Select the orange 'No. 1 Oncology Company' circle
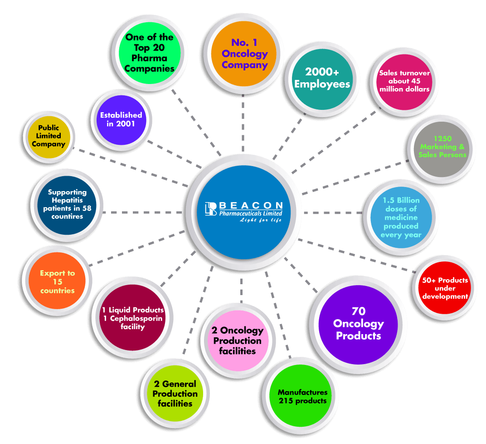[x=244, y=54]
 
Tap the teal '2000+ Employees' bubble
[x=321, y=78]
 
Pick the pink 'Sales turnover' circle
[x=404, y=81]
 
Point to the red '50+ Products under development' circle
[x=445, y=288]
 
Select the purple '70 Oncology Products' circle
[x=358, y=323]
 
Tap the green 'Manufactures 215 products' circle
[x=302, y=396]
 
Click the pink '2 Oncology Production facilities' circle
[x=237, y=340]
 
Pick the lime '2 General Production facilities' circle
[x=175, y=394]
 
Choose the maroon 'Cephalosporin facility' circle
[x=132, y=318]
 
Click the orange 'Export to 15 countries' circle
[x=57, y=281]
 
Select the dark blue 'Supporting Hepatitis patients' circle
[x=67, y=204]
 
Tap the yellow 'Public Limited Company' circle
[x=49, y=136]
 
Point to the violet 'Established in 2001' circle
[x=121, y=119]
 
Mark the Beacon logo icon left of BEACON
[x=211, y=208]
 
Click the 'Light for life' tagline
[x=261, y=220]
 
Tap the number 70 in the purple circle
[x=358, y=311]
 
